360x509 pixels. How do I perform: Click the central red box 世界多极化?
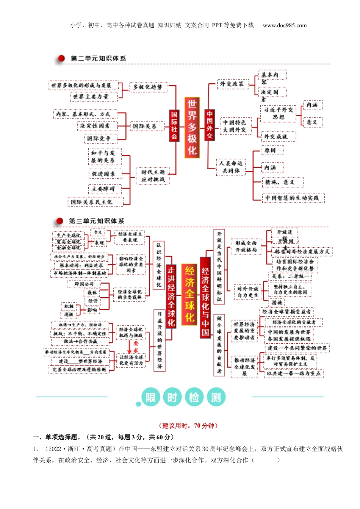point(192,127)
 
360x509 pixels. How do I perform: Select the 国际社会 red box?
point(174,125)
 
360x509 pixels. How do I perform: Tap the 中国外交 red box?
point(210,125)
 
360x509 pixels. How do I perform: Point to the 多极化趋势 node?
point(147,87)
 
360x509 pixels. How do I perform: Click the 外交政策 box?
point(232,84)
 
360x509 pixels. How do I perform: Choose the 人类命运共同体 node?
point(231,167)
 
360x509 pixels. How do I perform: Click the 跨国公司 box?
point(84,284)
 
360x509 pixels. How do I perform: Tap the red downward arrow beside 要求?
point(130,347)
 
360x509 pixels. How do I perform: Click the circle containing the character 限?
point(150,397)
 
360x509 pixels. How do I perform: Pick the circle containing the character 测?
point(216,397)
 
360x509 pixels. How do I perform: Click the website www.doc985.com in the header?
point(285,25)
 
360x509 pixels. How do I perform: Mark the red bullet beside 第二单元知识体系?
point(61,58)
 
